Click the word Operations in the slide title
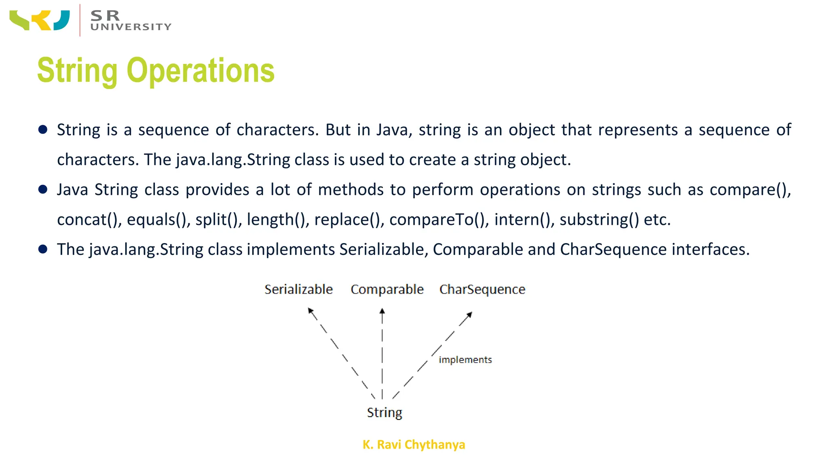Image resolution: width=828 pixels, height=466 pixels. point(201,71)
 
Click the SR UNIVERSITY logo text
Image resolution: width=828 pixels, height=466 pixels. point(130,21)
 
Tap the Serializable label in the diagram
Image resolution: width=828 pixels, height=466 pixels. point(298,290)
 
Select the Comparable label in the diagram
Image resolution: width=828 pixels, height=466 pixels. point(387,290)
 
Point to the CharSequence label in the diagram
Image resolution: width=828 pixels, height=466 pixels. point(482,290)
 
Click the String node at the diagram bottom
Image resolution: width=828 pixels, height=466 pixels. point(384,413)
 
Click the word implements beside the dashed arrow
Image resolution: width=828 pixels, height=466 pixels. point(465,360)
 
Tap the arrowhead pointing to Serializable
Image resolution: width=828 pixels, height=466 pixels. point(310,310)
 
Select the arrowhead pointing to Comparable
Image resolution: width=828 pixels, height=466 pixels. point(382,311)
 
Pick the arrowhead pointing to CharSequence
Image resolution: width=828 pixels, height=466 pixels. point(469,314)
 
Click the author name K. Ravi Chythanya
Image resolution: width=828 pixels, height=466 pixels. point(414,445)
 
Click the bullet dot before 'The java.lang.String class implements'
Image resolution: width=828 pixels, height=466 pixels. point(43,249)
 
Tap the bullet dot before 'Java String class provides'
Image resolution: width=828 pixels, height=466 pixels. point(43,189)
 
